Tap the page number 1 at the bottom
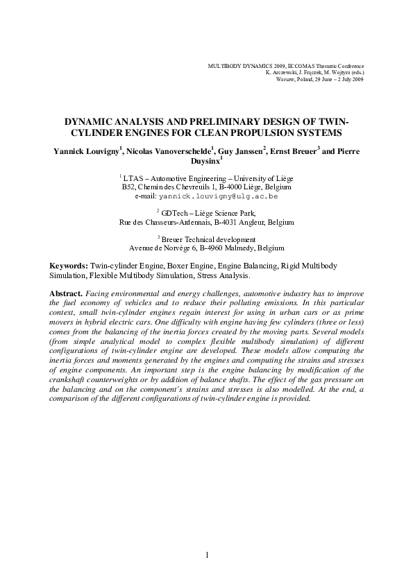(207, 555)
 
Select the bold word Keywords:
(68, 266)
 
